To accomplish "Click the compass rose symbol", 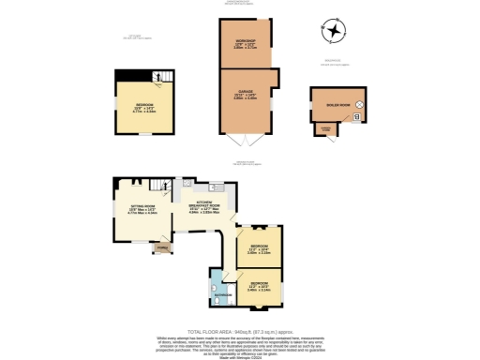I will click(x=333, y=32).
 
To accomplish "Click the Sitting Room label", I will click(x=128, y=209).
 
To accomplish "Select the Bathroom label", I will click(x=222, y=296).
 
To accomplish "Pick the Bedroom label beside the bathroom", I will click(x=259, y=286).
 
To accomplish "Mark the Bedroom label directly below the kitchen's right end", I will click(x=258, y=248).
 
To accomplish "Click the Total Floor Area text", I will click(x=239, y=332).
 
